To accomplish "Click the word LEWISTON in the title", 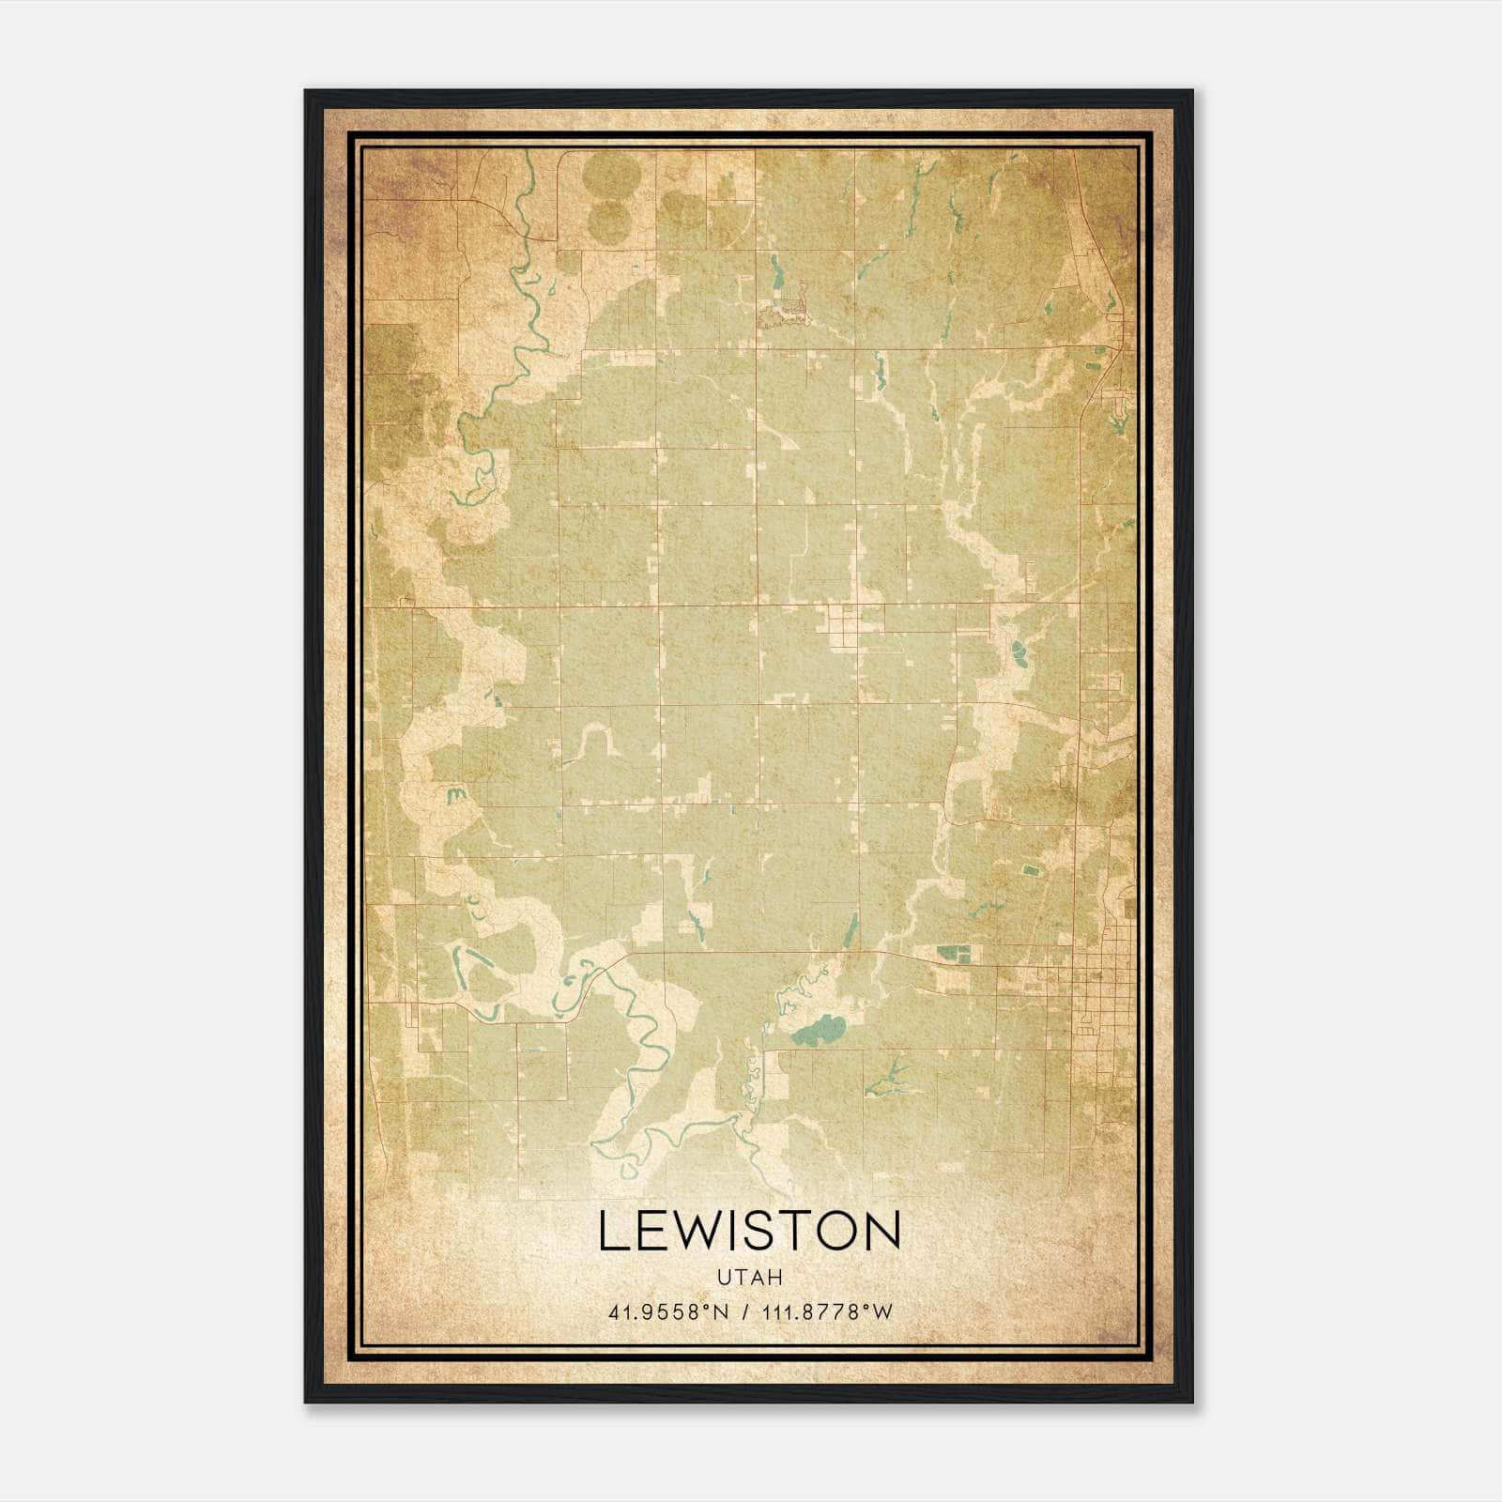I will [749, 1231].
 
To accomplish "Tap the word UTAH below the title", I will [749, 1278].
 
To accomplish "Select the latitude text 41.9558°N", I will [668, 1312].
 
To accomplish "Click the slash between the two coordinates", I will [746, 1312].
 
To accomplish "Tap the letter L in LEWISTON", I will [611, 1231].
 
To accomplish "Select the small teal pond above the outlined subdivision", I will [776, 271].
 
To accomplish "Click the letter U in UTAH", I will [724, 1278].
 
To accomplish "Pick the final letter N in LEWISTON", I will [884, 1231].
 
